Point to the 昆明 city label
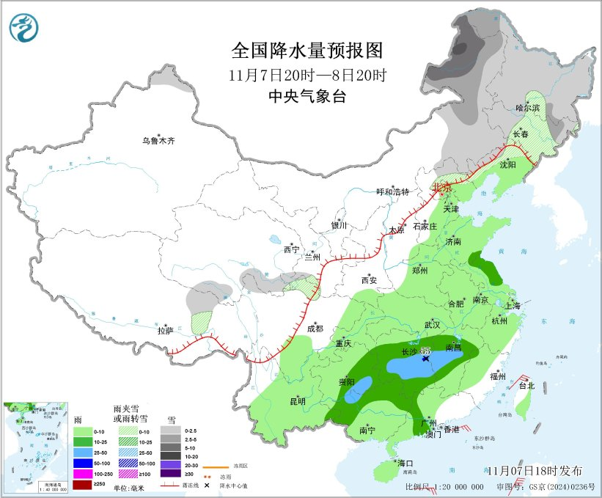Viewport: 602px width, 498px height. (x=297, y=400)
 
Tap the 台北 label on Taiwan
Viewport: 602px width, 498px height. (x=526, y=385)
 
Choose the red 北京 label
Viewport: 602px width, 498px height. (x=443, y=187)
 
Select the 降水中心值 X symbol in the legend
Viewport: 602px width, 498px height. (x=208, y=486)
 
